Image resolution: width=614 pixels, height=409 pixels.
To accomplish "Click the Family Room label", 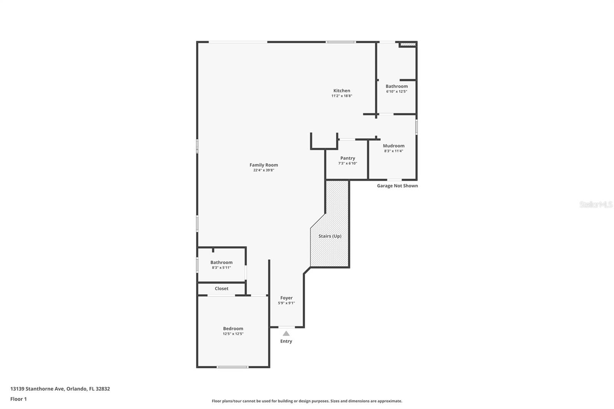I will pyautogui.click(x=264, y=165).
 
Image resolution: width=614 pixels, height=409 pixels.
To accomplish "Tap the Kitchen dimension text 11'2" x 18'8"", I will pyautogui.click(x=342, y=96).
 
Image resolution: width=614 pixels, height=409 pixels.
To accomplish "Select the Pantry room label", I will pyautogui.click(x=348, y=158).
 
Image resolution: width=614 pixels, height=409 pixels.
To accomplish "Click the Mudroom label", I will pyautogui.click(x=393, y=146).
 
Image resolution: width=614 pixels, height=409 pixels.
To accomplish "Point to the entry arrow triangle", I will pyautogui.click(x=286, y=333).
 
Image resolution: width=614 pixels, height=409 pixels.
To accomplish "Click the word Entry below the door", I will pyautogui.click(x=286, y=341).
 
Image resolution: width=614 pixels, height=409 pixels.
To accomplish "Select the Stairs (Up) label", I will pyautogui.click(x=330, y=236).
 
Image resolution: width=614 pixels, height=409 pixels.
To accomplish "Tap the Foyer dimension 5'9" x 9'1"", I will pyautogui.click(x=286, y=303).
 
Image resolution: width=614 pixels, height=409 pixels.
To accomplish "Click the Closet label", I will pyautogui.click(x=221, y=289).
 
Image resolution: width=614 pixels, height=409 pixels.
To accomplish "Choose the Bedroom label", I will pyautogui.click(x=233, y=328).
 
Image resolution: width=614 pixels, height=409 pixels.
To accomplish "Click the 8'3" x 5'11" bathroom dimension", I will pyautogui.click(x=221, y=268).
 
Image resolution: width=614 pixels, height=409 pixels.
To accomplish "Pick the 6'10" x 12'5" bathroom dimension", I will pyautogui.click(x=396, y=92).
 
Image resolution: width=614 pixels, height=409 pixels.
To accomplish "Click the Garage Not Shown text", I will pyautogui.click(x=397, y=186).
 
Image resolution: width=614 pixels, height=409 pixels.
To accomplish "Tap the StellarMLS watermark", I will pyautogui.click(x=596, y=204).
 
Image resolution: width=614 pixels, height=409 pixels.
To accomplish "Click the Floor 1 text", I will pyautogui.click(x=18, y=399).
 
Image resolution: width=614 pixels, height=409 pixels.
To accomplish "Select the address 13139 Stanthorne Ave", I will pyautogui.click(x=37, y=389).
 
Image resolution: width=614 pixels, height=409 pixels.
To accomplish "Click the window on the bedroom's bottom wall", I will pyautogui.click(x=232, y=367).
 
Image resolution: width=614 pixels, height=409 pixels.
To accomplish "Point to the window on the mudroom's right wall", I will pyautogui.click(x=416, y=127).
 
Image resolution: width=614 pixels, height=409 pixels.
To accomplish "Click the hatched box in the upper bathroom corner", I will pyautogui.click(x=408, y=45).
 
